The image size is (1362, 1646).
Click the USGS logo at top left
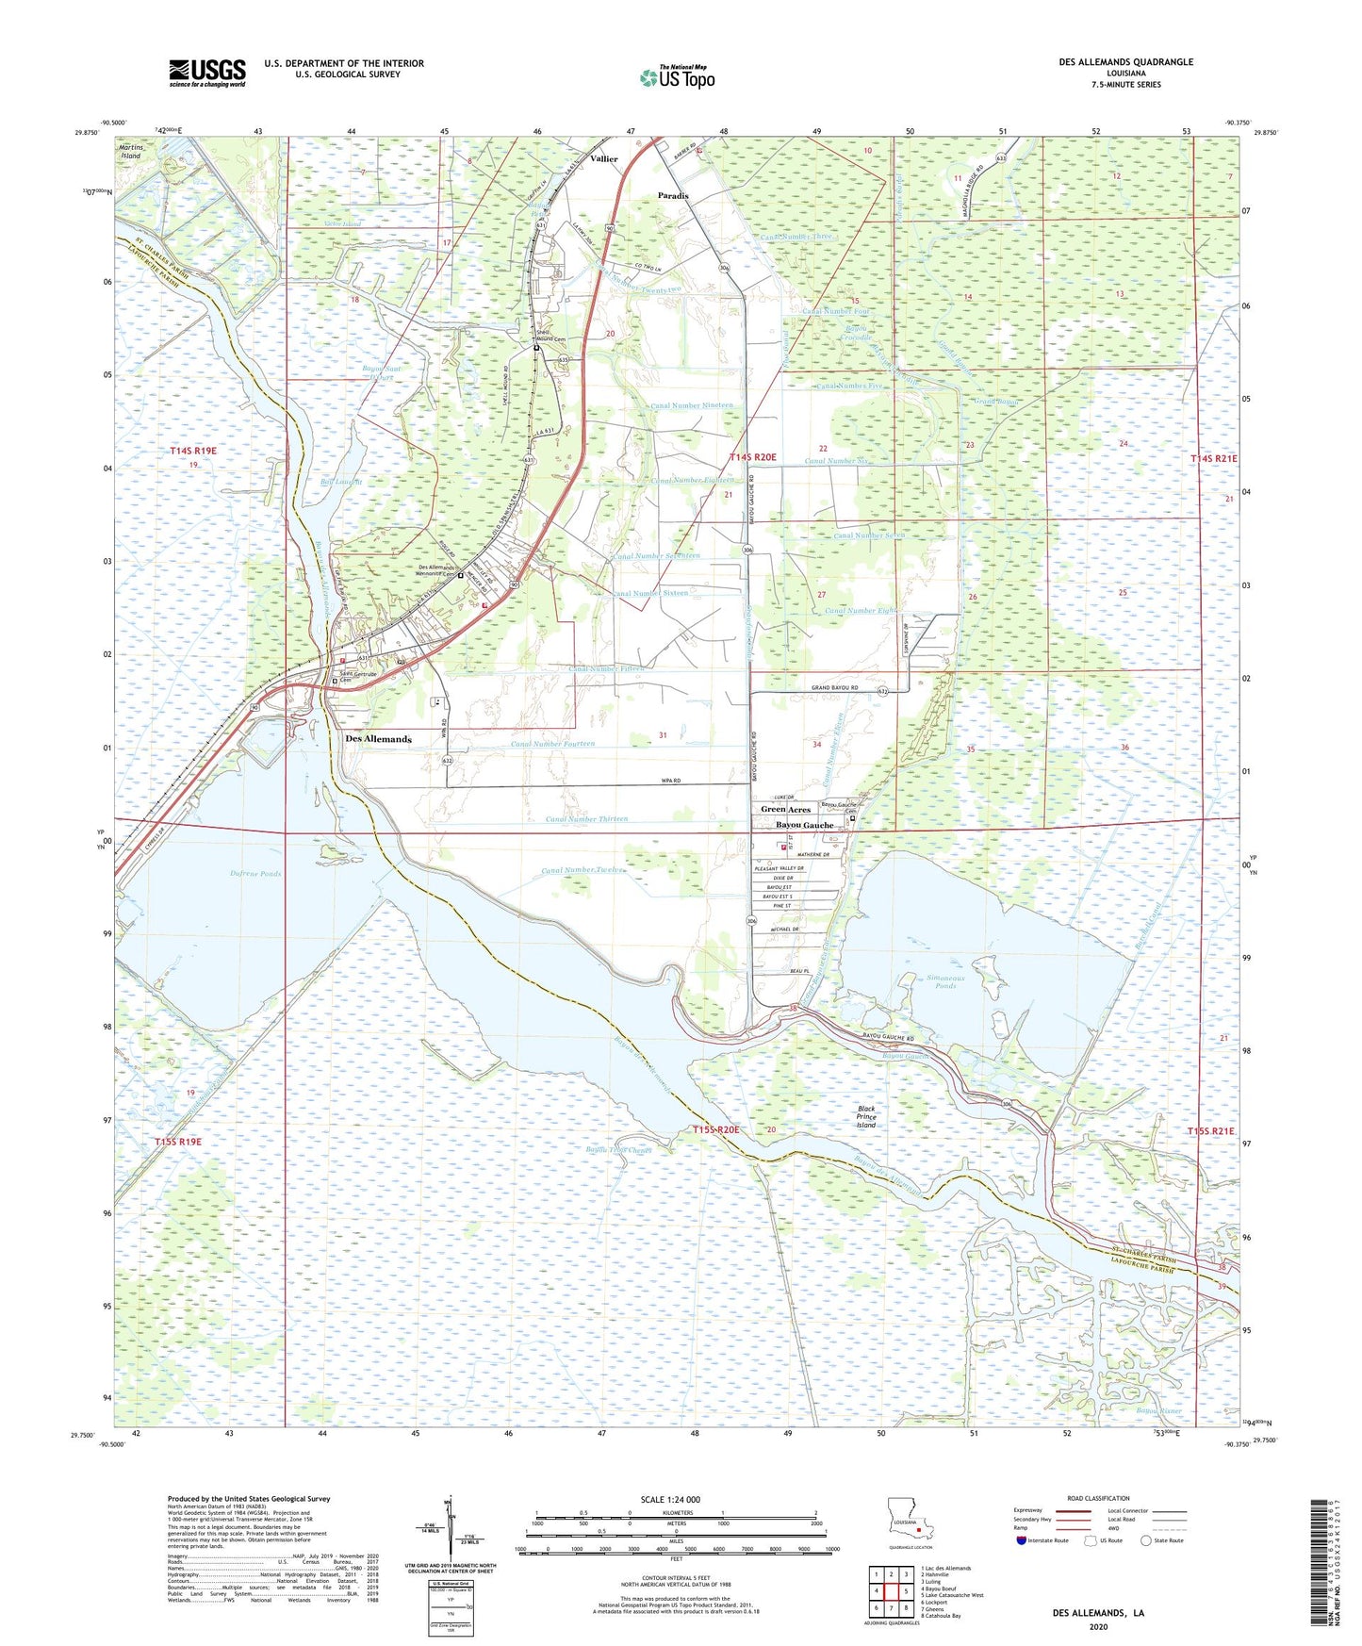click(x=207, y=72)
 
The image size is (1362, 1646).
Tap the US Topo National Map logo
click(x=677, y=76)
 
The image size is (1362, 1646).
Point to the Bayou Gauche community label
click(x=804, y=825)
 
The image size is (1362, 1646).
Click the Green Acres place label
click(x=785, y=809)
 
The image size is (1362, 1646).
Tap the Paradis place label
click(x=673, y=196)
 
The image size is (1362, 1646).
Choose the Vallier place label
click(x=603, y=158)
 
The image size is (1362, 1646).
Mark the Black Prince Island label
click(x=866, y=1117)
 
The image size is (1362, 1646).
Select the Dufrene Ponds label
click(x=255, y=874)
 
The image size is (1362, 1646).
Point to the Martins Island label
click(x=130, y=151)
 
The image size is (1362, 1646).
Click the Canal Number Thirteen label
click(x=586, y=819)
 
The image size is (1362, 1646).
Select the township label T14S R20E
click(x=753, y=457)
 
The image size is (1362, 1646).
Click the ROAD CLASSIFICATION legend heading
click(x=1097, y=1498)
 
